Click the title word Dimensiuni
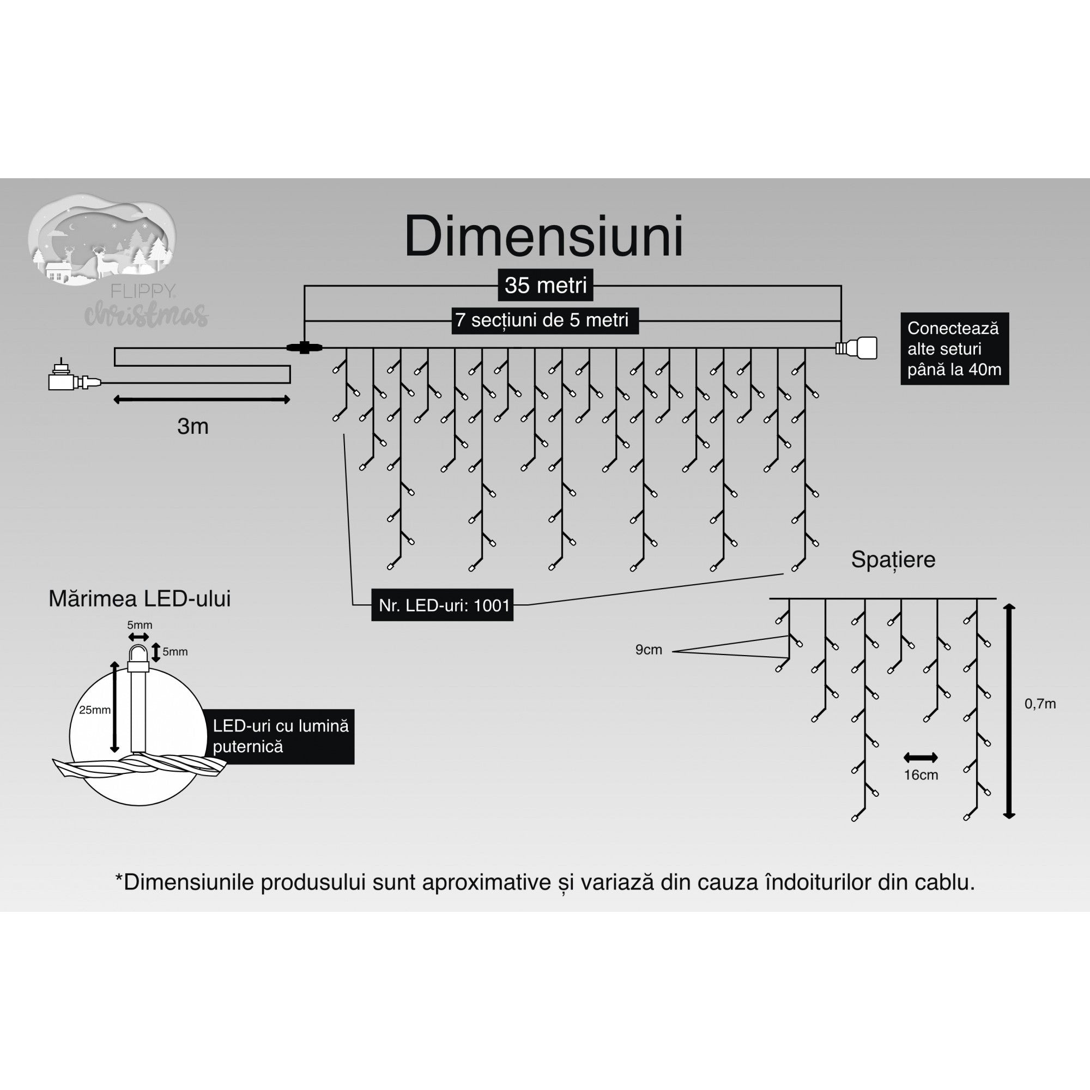pos(544,237)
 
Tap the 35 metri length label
pos(546,285)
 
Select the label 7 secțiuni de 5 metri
pos(544,320)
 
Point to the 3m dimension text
pos(193,427)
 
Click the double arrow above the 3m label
pos(202,400)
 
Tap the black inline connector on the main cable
pos(304,348)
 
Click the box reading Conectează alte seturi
pos(954,349)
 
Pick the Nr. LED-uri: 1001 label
pos(443,605)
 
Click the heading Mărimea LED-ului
pos(140,598)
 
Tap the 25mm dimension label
pos(94,710)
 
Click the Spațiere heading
pos(893,560)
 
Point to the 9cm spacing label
pos(648,650)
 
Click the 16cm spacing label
pos(921,775)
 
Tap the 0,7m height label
pos(1040,704)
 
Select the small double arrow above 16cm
pos(920,758)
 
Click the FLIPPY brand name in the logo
pos(143,291)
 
